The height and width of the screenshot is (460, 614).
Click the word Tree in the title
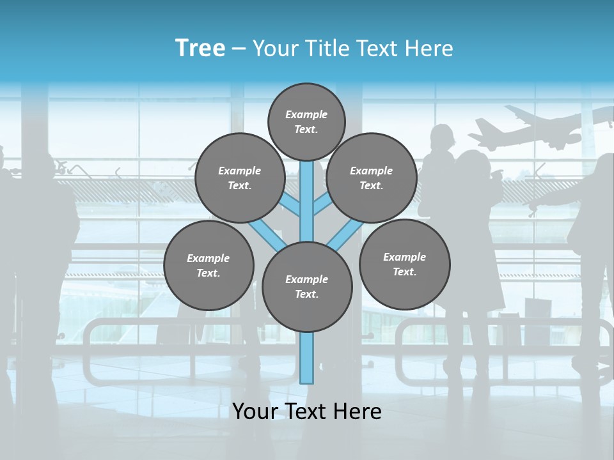pyautogui.click(x=200, y=48)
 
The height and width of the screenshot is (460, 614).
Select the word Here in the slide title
pyautogui.click(x=428, y=48)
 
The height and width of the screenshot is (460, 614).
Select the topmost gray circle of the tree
pyautogui.click(x=306, y=121)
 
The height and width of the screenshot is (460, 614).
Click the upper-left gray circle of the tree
pyautogui.click(x=239, y=178)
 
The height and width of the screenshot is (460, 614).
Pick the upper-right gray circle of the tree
pyautogui.click(x=371, y=178)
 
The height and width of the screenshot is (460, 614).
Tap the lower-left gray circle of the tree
pyautogui.click(x=209, y=265)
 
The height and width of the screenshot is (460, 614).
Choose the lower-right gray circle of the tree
pyautogui.click(x=404, y=264)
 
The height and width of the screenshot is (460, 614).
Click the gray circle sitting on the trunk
pyautogui.click(x=307, y=286)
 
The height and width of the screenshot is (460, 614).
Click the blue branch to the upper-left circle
pyautogui.click(x=290, y=205)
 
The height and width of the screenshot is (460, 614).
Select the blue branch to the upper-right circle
pyautogui.click(x=322, y=205)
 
